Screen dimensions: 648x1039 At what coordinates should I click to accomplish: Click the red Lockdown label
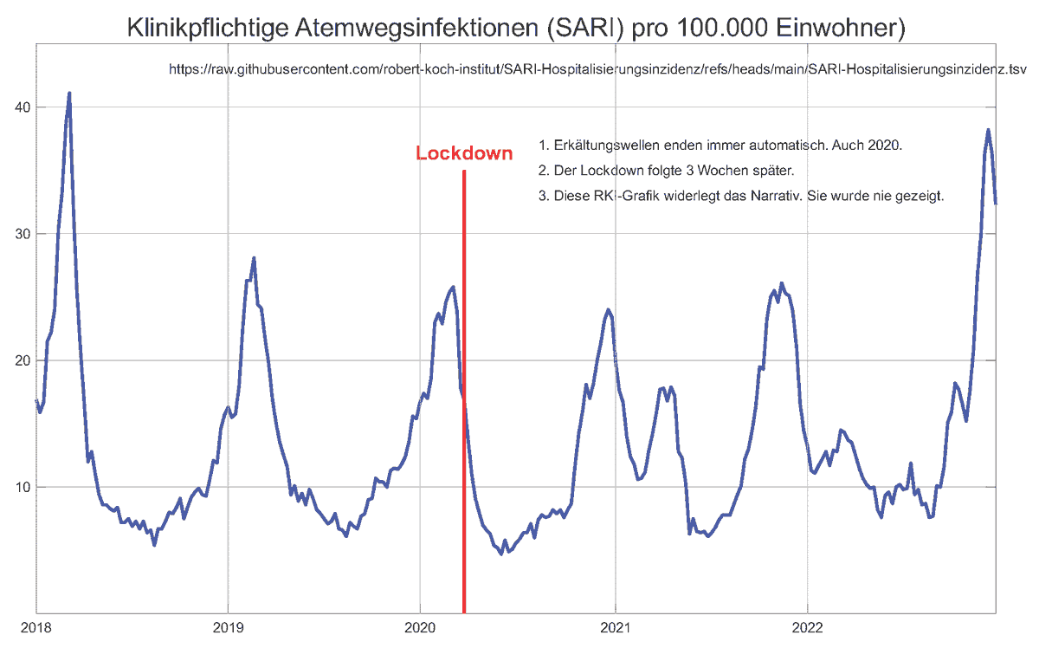click(464, 153)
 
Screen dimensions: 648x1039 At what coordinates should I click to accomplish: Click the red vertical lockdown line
click(464, 390)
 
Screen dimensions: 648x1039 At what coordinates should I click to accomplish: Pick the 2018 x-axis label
click(35, 627)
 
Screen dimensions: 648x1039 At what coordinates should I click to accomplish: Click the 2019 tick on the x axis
click(227, 627)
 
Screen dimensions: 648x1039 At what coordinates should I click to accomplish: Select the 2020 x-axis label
click(420, 627)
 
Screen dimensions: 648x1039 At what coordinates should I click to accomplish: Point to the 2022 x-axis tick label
click(807, 627)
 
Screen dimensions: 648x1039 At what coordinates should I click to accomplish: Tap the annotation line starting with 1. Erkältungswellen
click(720, 145)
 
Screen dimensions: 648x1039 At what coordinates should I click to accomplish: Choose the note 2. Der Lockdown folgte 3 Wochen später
click(666, 171)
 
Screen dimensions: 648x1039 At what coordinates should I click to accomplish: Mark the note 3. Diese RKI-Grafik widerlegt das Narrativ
click(740, 197)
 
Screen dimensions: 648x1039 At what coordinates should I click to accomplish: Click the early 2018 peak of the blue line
click(69, 93)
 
